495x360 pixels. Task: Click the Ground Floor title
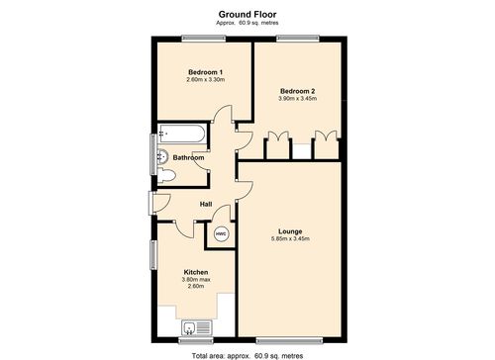pyautogui.click(x=247, y=13)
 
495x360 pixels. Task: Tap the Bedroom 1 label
pyautogui.click(x=206, y=72)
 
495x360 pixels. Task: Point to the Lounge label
pyautogui.click(x=290, y=229)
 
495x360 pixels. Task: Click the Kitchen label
pyautogui.click(x=195, y=271)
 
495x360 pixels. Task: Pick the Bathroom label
pyautogui.click(x=188, y=157)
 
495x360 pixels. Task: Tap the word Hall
pyautogui.click(x=206, y=205)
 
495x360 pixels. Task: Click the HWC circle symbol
pyautogui.click(x=221, y=234)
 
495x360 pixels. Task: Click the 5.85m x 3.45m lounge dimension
pyautogui.click(x=290, y=238)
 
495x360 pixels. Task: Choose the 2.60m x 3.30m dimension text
pyautogui.click(x=206, y=80)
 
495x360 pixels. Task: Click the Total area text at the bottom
pyautogui.click(x=247, y=353)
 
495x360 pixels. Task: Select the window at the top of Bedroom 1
pyautogui.click(x=203, y=38)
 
